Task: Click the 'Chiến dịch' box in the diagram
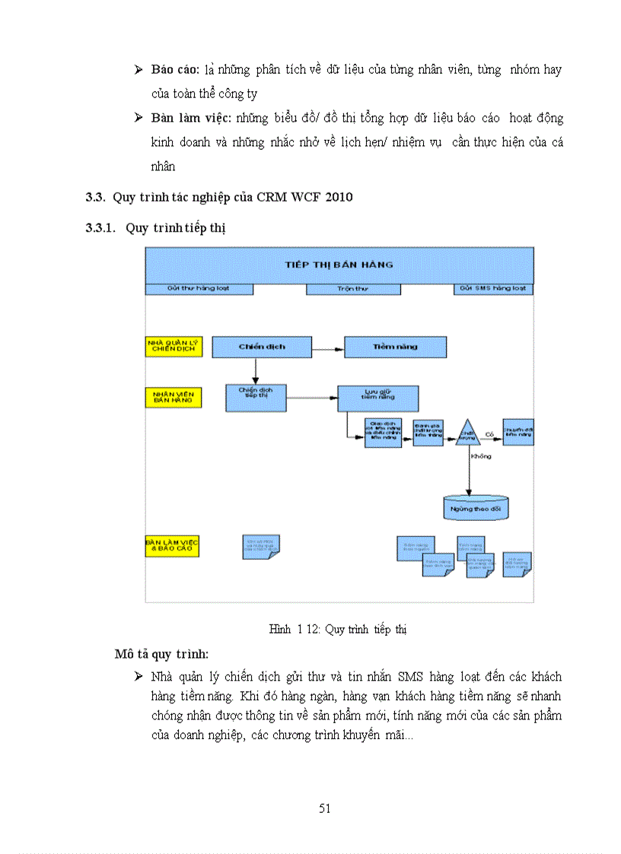(x=261, y=347)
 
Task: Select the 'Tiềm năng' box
(x=394, y=347)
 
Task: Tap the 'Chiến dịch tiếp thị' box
(x=256, y=396)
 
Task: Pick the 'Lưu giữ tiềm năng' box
(x=378, y=398)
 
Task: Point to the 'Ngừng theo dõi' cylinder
(x=476, y=507)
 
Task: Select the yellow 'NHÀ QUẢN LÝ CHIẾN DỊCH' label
(x=174, y=347)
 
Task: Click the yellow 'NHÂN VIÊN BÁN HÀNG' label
(x=174, y=397)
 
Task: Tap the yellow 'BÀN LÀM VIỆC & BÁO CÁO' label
(x=172, y=546)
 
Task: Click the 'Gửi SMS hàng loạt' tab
(x=494, y=289)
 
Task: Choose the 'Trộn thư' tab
(x=352, y=289)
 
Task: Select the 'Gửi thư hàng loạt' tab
(x=199, y=289)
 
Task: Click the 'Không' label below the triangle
(x=481, y=456)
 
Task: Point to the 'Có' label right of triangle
(x=490, y=434)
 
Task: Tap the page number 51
(x=325, y=808)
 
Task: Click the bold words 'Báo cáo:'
(x=175, y=70)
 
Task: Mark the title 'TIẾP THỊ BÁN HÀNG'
(x=339, y=265)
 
